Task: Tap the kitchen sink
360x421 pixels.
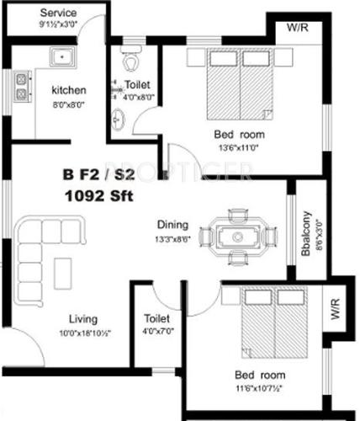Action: (61, 58)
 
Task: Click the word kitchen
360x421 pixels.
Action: (69, 90)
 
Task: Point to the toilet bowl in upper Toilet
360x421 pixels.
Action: (128, 62)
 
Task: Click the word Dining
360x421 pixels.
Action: (172, 225)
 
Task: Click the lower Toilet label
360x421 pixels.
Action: (157, 320)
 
